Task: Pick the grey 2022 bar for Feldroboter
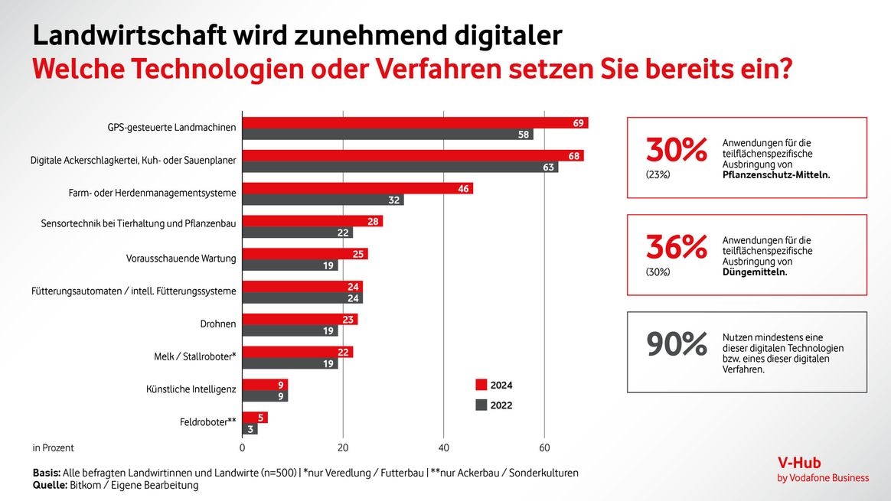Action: (x=250, y=429)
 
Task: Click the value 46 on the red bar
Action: (x=463, y=188)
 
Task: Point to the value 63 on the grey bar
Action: (x=548, y=168)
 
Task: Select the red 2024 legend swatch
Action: (x=481, y=385)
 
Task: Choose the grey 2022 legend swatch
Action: (x=481, y=405)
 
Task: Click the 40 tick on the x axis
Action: (x=443, y=448)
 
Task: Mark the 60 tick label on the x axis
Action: (x=543, y=448)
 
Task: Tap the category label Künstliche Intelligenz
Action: (x=191, y=389)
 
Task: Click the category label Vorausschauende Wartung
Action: (x=181, y=259)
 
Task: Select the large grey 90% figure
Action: (x=677, y=345)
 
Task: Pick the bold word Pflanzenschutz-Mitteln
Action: (x=776, y=174)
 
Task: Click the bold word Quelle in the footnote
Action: (x=50, y=485)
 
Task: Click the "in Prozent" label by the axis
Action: (x=54, y=448)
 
